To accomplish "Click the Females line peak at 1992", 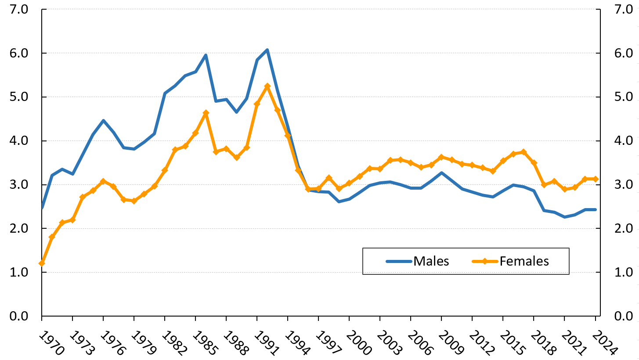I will [x=267, y=86].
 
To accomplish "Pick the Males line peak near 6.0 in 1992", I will [x=267, y=50].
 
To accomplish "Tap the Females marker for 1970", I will [x=42, y=263].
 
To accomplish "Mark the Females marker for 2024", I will [x=596, y=179].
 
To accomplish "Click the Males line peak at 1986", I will [x=206, y=55].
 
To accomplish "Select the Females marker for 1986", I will [x=206, y=113].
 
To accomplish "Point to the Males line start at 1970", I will [x=42, y=208].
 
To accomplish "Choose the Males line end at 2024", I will [x=596, y=209].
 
